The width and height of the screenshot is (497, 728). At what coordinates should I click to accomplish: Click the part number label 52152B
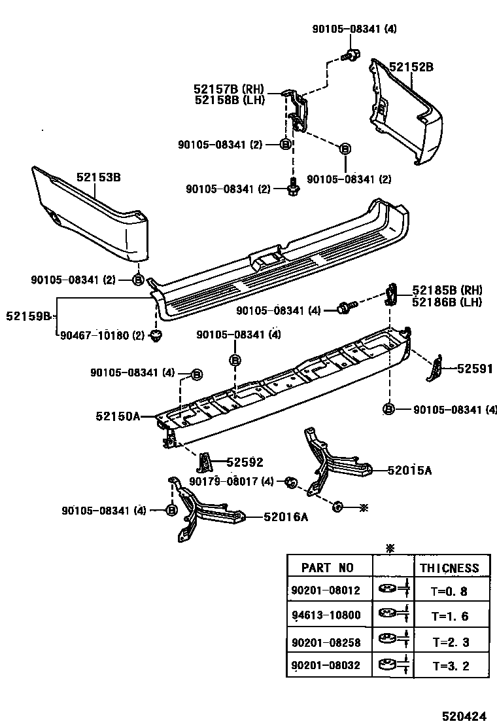pos(411,67)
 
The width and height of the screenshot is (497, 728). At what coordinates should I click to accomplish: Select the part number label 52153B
pos(98,177)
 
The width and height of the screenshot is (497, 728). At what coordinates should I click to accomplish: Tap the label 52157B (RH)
pos(227,88)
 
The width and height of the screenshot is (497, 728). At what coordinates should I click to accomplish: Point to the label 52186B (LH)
pos(447,302)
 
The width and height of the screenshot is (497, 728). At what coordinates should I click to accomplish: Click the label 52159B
pos(28,316)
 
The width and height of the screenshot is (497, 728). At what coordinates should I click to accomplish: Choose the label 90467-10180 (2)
pos(102,336)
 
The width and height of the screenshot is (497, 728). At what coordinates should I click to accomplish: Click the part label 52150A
pos(118,416)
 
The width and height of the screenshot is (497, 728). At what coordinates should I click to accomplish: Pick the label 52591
pos(474,369)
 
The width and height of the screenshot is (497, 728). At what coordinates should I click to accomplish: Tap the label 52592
pos(245,463)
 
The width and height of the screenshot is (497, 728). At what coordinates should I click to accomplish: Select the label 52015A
pos(409,470)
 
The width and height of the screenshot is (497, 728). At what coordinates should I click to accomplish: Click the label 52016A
pos(286,517)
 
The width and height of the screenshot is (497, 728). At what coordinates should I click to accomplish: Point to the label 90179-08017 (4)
pos(231,481)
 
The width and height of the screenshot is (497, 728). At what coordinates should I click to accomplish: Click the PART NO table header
pos(327,568)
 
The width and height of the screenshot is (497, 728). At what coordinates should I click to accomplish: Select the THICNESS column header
pos(449,568)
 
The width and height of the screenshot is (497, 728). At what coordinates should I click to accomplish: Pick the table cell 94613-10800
pos(326,616)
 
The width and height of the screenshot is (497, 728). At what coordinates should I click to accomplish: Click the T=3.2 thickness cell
pos(450,667)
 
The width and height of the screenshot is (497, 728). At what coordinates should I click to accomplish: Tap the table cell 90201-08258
pos(326,642)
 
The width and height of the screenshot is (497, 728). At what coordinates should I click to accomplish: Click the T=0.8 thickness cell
pos(450,591)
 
